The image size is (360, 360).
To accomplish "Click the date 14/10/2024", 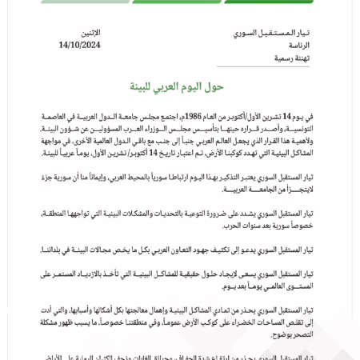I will pos(79,46).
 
